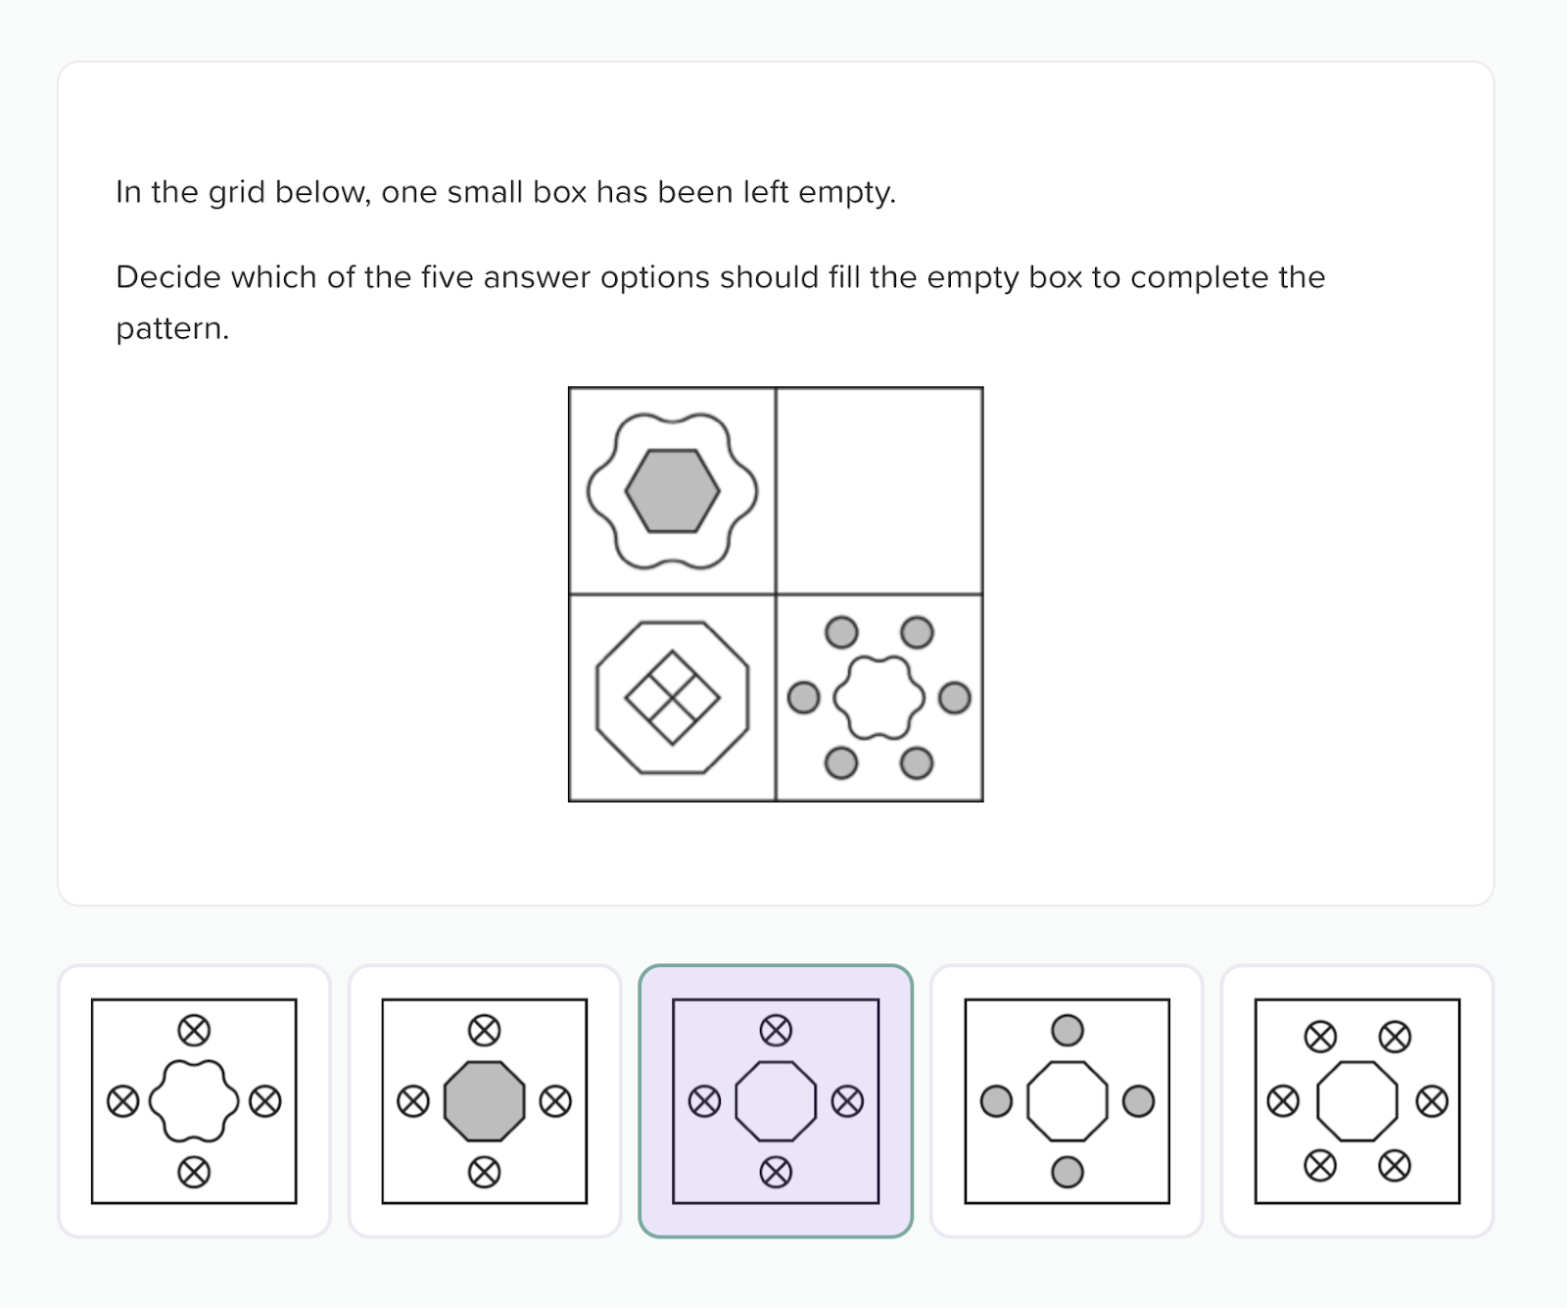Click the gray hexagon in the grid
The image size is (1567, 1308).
click(x=672, y=491)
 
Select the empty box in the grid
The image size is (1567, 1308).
click(x=879, y=491)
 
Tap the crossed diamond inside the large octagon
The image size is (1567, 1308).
click(x=672, y=698)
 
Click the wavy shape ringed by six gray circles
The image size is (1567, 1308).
click(x=878, y=698)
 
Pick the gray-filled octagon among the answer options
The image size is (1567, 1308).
click(x=484, y=1101)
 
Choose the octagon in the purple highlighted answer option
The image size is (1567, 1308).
click(x=776, y=1101)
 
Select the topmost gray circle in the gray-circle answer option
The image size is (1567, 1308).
click(x=1067, y=1030)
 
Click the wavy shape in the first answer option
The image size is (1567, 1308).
click(x=194, y=1101)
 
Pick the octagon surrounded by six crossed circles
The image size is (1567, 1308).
click(x=1357, y=1101)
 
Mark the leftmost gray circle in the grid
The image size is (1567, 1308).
click(x=803, y=698)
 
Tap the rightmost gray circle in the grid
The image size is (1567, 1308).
click(x=954, y=698)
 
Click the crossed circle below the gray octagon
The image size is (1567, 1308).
click(x=484, y=1172)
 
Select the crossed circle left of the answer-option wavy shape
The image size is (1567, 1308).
click(x=122, y=1101)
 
